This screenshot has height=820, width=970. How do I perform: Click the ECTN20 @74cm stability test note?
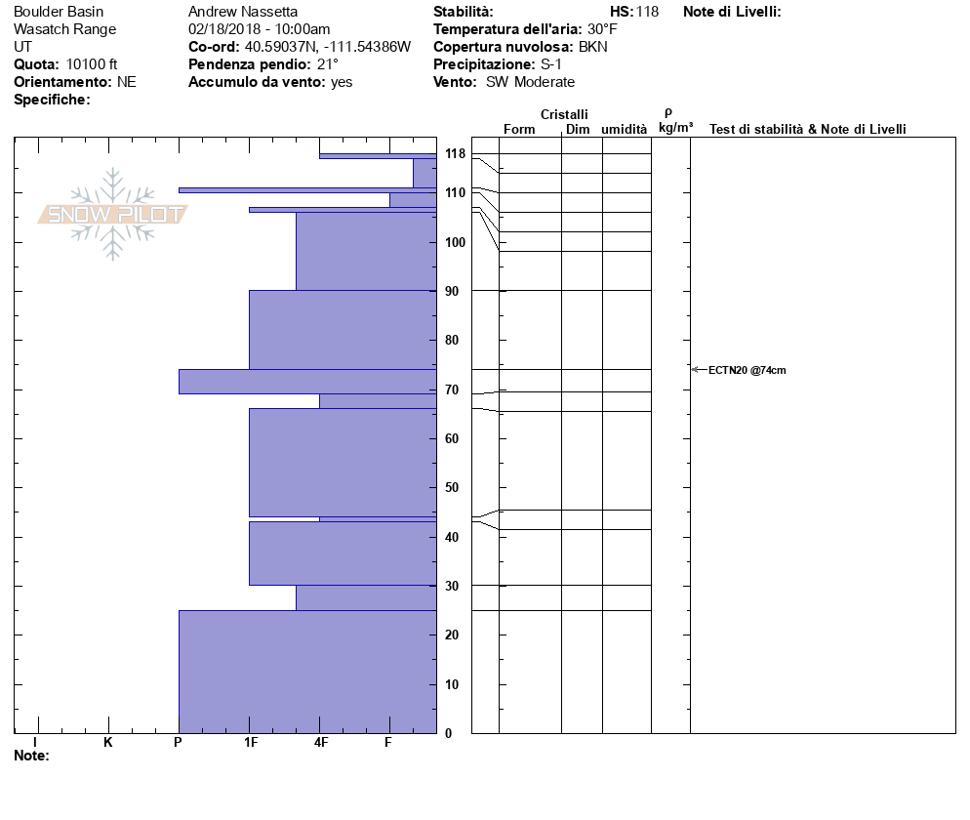[x=747, y=370]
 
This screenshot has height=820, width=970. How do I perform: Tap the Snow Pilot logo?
[x=112, y=214]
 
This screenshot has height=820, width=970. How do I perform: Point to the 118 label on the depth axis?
[x=455, y=154]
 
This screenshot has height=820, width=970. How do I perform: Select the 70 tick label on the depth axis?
[x=452, y=389]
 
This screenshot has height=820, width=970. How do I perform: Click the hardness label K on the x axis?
[x=108, y=743]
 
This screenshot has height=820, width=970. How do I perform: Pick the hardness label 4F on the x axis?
[x=320, y=743]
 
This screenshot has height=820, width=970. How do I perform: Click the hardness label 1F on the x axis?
[x=251, y=743]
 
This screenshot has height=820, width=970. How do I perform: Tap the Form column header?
[x=519, y=130]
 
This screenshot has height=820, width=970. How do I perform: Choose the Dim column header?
[x=578, y=130]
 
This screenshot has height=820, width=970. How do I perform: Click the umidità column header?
[x=625, y=130]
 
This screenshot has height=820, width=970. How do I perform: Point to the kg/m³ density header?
[x=675, y=128]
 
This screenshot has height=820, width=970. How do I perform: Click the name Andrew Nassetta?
[x=236, y=12]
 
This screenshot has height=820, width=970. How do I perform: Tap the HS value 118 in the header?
[x=647, y=12]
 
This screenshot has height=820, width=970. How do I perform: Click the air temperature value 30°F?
[x=602, y=29]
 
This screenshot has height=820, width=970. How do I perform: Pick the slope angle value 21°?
[x=328, y=64]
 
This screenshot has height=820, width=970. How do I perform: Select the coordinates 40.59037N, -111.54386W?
[x=327, y=47]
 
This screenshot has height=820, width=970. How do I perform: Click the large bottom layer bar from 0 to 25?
[x=307, y=672]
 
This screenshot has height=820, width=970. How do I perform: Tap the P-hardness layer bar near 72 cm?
[x=307, y=382]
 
